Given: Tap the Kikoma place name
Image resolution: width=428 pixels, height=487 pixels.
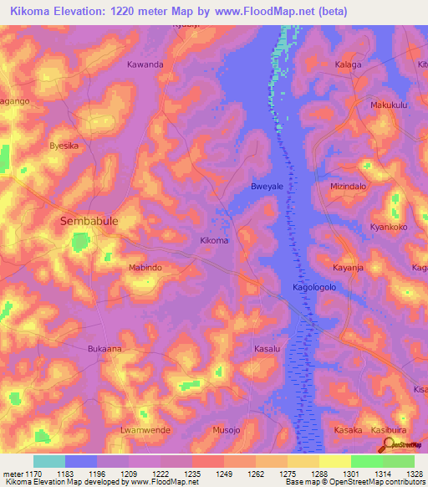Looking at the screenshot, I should [x=214, y=241].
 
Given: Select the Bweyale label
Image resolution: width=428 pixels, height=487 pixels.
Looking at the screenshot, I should [x=267, y=187].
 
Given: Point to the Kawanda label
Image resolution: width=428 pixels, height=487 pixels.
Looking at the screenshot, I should [x=145, y=64].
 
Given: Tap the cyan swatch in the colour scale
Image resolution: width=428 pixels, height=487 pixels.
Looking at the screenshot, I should [x=49, y=461].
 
